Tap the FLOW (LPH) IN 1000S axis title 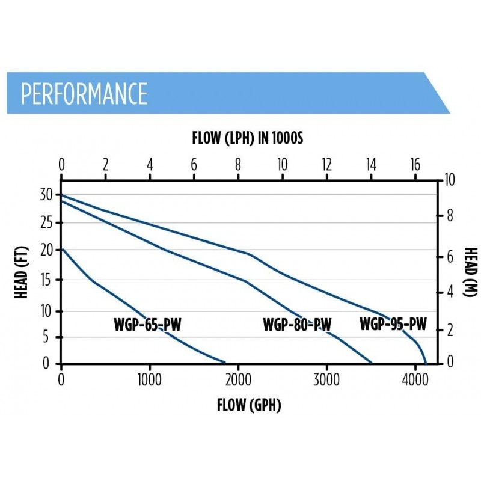click(248, 139)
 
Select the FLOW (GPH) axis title click(249, 405)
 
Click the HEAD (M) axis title click(471, 272)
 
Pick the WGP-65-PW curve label click(147, 325)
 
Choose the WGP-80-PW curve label click(297, 325)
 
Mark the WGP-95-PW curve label click(393, 325)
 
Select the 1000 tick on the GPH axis click(149, 379)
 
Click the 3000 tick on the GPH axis click(326, 379)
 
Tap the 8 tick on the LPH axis click(238, 165)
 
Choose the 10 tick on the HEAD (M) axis click(449, 180)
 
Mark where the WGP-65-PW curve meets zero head click(225, 363)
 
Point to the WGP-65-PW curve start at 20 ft click(62, 249)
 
